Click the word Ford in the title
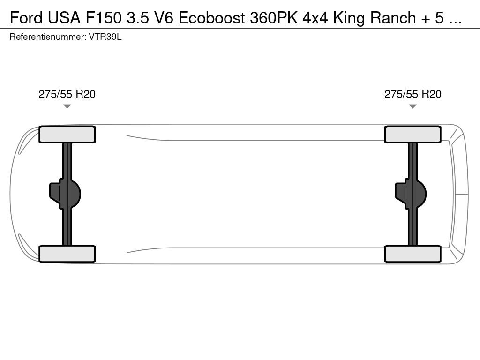tap(26, 18)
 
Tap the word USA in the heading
tap(64, 18)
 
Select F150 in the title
tap(104, 18)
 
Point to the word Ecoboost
tap(211, 18)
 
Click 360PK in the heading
tap(274, 18)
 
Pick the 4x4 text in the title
tap(315, 18)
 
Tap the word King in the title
tap(349, 18)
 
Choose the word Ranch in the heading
tap(393, 18)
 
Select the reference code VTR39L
tap(105, 37)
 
